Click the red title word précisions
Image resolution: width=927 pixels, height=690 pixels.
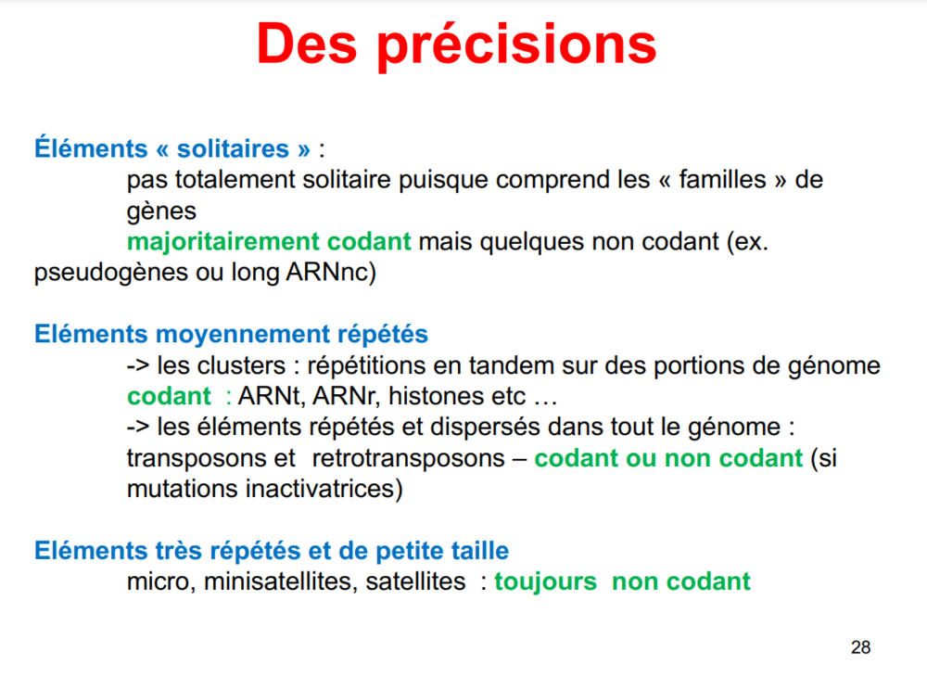[516, 46]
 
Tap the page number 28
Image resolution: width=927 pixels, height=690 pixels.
[861, 647]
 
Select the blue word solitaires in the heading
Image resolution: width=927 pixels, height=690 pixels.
[233, 148]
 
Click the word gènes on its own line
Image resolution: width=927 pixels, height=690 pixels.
[161, 211]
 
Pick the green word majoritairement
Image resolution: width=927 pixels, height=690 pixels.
[223, 241]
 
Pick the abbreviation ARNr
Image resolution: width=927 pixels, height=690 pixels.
[347, 396]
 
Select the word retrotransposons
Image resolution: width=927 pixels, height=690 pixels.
[409, 458]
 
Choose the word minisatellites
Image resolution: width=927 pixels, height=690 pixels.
[281, 581]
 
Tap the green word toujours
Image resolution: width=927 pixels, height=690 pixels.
[546, 581]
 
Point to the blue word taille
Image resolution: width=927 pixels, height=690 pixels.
[479, 551]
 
